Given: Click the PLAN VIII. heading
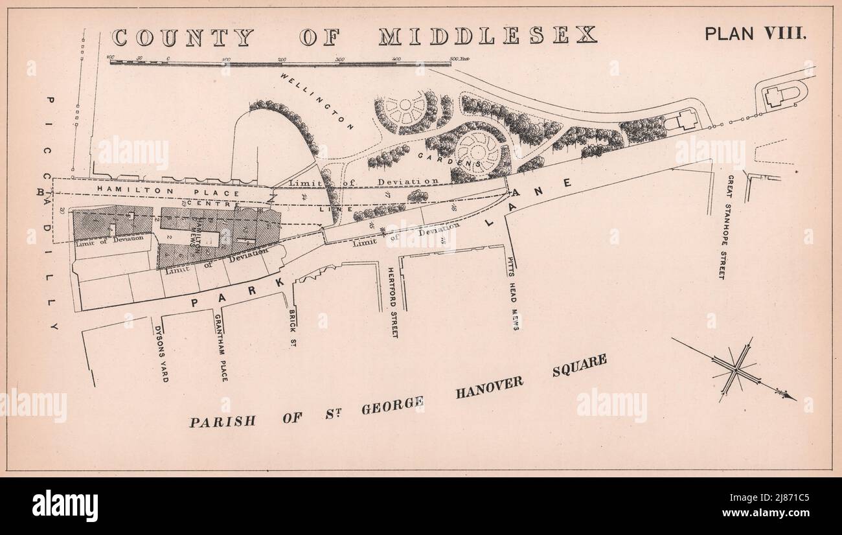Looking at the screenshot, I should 755,34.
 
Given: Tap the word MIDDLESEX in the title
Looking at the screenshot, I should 487,36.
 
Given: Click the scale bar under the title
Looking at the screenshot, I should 280,63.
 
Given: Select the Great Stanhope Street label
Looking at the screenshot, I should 727,227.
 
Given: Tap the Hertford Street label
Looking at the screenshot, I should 393,302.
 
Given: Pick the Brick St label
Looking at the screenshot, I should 292,328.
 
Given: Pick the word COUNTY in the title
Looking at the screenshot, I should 182,37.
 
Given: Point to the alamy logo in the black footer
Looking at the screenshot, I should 65,506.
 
